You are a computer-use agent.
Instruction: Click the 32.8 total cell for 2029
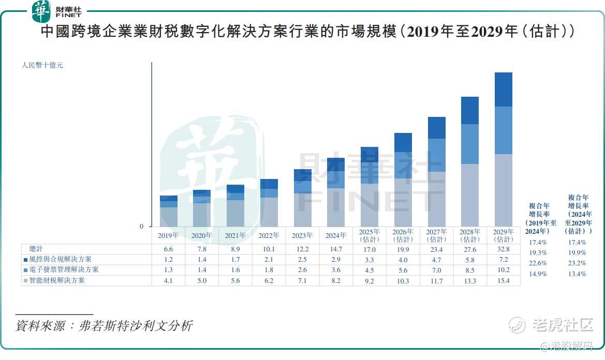click(503, 249)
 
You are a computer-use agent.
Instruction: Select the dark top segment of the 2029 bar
click(503, 89)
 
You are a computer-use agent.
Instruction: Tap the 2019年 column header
click(168, 235)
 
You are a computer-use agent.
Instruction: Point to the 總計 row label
click(37, 249)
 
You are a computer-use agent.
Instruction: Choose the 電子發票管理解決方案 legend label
click(64, 270)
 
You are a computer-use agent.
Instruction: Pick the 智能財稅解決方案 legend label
click(57, 280)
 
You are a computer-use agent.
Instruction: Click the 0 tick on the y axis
click(141, 226)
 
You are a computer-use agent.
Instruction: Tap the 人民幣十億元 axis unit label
click(42, 66)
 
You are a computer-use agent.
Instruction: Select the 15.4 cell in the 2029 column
click(503, 281)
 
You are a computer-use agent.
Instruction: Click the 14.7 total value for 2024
click(335, 249)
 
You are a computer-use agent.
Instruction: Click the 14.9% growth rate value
click(538, 274)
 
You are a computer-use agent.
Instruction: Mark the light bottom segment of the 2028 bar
click(469, 195)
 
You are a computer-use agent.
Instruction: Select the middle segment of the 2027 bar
click(436, 155)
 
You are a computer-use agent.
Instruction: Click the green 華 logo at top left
click(42, 11)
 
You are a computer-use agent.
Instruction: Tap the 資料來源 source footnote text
click(104, 326)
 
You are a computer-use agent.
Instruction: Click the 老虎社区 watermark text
click(563, 325)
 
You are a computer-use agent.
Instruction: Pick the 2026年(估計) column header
click(403, 235)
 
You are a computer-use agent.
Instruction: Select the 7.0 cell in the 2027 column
click(436, 270)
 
